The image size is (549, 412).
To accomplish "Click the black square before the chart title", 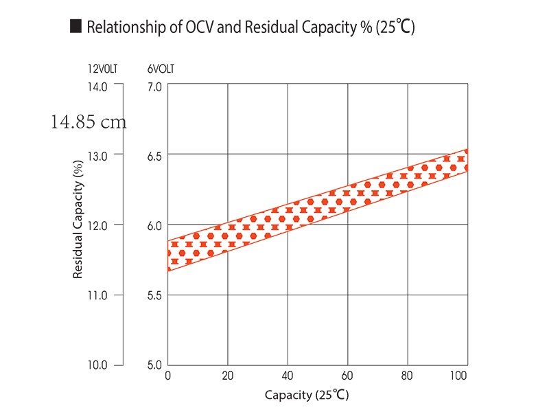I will pos(75,27).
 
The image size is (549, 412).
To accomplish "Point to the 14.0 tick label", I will pos(97,87).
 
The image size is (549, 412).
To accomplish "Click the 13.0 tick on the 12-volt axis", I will pos(97,156).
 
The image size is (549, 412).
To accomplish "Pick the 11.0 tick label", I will pos(97,295).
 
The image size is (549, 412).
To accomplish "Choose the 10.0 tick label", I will pos(97,365).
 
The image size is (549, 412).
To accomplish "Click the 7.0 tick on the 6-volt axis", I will pos(154,87).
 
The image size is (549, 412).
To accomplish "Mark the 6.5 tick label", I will pos(154,156).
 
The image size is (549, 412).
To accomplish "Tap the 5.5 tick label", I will pos(154,295).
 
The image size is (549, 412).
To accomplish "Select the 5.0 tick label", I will pos(154,365).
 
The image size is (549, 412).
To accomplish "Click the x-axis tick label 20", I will pos(228,376).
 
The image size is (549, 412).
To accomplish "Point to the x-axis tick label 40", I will pos(288,376).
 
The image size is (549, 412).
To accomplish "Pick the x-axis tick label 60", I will pos(348,376).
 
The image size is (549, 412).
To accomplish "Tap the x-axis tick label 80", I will pos(408,376).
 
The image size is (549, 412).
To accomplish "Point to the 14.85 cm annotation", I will pos(89,122).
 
